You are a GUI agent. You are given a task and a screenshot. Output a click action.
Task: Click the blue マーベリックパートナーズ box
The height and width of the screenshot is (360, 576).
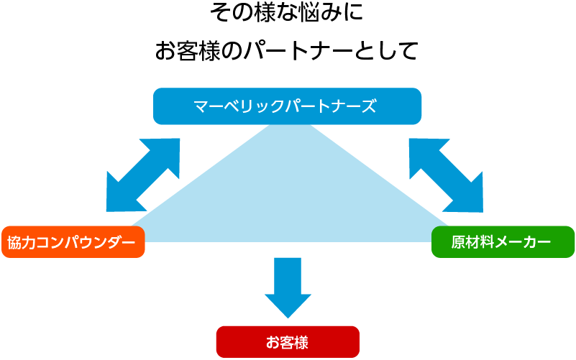pos(287,106)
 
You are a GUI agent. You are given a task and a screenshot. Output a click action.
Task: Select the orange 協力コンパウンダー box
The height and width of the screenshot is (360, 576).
pos(73,242)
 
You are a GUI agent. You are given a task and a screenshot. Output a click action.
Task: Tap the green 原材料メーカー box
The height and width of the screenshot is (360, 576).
pos(503,242)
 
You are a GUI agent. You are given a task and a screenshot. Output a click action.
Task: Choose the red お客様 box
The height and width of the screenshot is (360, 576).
pos(288,341)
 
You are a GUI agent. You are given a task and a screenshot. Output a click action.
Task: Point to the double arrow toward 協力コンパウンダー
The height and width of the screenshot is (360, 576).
pos(143,175)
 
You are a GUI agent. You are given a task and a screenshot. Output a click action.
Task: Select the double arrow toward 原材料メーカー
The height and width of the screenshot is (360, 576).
pos(446,175)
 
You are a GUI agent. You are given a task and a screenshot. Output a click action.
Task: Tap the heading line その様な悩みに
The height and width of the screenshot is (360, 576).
pos(287,12)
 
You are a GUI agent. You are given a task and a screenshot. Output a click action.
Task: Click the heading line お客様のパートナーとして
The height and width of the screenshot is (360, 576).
pos(287,50)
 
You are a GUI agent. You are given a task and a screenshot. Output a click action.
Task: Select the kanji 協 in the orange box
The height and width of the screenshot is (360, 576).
pos(14,242)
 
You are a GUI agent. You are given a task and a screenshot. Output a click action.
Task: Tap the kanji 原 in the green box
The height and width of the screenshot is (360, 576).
pos(459,242)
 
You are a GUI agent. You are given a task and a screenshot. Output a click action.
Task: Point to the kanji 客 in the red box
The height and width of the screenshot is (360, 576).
pos(287,342)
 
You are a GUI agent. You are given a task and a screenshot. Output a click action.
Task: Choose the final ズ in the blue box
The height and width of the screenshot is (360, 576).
pos(368,106)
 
